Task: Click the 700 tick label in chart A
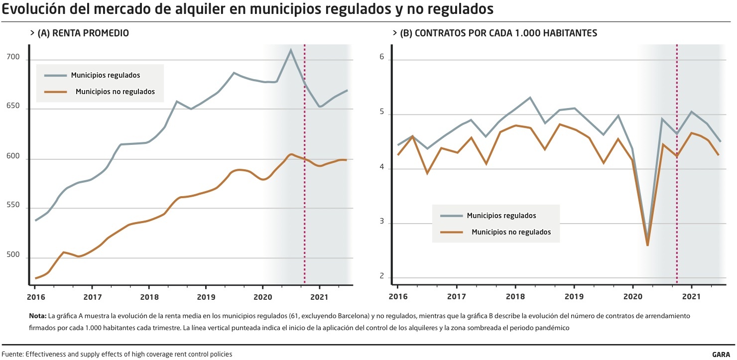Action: coord(12,58)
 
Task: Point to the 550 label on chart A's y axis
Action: coord(12,206)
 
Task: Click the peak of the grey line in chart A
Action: coord(290,50)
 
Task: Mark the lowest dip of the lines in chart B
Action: coord(647,244)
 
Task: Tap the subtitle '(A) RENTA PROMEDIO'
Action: coord(83,33)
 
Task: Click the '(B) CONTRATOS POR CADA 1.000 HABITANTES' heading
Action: coord(498,33)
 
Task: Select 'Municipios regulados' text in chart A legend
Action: coord(105,75)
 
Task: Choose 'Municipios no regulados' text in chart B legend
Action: coord(511,232)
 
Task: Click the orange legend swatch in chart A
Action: coord(55,92)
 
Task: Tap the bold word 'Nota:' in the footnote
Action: coord(38,316)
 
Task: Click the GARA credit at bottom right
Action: coord(721,355)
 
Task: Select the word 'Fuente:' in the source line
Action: coord(12,355)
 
